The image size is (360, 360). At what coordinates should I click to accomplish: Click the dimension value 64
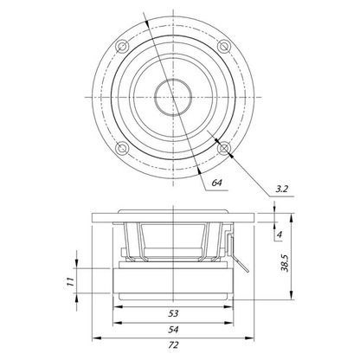[216, 183]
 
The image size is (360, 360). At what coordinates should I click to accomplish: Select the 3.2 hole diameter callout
[281, 189]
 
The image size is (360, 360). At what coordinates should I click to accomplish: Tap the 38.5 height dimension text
[286, 263]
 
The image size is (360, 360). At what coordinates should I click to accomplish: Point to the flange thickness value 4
[279, 235]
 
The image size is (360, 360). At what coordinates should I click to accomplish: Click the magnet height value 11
[70, 281]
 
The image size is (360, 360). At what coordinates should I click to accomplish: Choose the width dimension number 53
[173, 313]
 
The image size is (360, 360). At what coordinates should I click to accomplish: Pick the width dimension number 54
[173, 329]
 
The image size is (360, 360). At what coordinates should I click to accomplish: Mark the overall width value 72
[173, 344]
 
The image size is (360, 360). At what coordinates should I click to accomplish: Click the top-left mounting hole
[122, 46]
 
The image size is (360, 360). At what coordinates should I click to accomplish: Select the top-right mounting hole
[223, 46]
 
